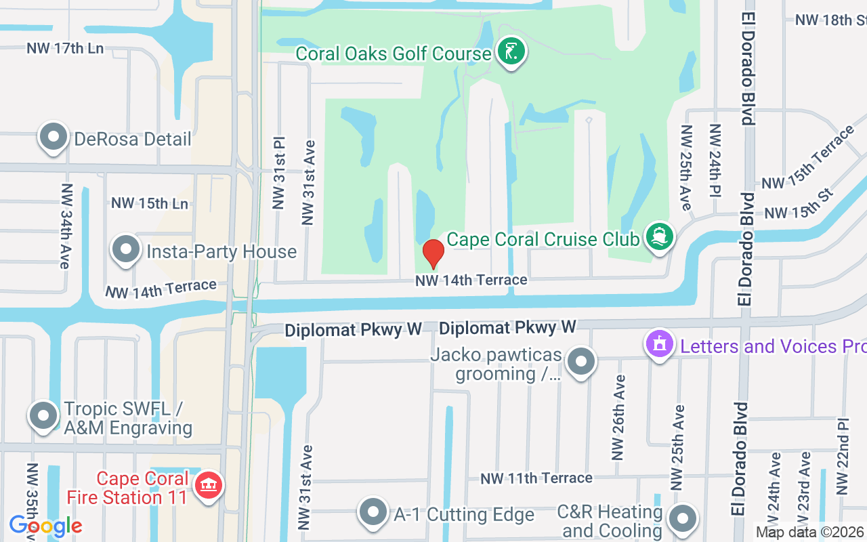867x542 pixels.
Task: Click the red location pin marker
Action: (433, 254)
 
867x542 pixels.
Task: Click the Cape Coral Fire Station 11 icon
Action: (209, 486)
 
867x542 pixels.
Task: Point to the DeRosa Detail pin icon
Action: (54, 138)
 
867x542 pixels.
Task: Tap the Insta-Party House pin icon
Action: (125, 250)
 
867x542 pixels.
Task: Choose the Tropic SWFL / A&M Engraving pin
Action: (44, 415)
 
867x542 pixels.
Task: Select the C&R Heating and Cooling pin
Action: (682, 520)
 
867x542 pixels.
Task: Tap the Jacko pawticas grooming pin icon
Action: (580, 362)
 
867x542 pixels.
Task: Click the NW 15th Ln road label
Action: (150, 203)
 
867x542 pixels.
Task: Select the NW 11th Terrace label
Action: (536, 478)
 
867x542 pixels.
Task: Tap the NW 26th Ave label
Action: (618, 417)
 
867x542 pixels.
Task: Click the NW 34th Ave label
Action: (66, 226)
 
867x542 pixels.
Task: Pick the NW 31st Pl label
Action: (279, 174)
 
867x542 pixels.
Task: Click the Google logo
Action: (45, 526)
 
